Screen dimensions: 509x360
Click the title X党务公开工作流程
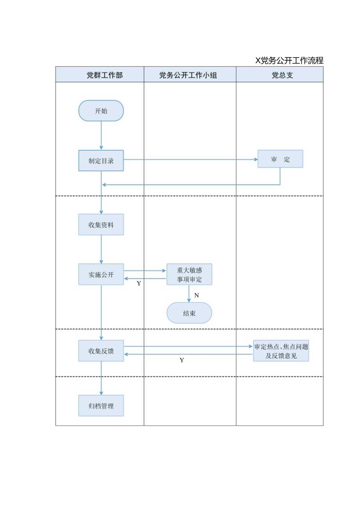[289, 61]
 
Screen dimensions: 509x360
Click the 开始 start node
[101, 111]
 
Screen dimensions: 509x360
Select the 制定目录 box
[101, 160]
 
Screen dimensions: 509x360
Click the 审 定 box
[280, 159]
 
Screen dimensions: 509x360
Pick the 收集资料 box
[101, 225]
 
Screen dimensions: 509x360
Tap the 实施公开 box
[101, 274]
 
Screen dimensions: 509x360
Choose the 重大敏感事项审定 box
[189, 274]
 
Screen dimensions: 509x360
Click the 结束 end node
[189, 313]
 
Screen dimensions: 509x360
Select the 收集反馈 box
[101, 351]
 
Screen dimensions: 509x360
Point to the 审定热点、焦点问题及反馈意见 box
[281, 351]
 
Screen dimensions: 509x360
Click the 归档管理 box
[101, 406]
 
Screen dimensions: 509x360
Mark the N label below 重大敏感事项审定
[196, 295]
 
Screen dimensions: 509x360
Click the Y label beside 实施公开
[139, 283]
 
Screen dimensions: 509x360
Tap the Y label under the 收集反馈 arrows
[182, 360]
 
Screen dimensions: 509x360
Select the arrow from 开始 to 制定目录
[101, 135]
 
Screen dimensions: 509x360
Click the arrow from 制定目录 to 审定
[190, 160]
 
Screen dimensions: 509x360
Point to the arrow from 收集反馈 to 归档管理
[101, 378]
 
